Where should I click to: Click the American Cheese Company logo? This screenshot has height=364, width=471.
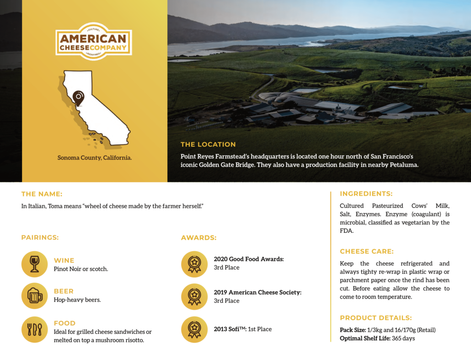point(94,42)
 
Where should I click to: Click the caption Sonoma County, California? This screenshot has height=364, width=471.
point(95,158)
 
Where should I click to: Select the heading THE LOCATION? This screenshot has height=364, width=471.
point(208,145)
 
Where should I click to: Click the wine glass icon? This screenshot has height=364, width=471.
point(35,264)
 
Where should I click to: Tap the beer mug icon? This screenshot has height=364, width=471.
point(35,296)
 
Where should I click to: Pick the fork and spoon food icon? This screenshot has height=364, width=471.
point(35,329)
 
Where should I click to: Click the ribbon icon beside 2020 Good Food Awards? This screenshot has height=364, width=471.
point(194,264)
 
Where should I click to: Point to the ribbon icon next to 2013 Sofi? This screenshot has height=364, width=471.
point(194,329)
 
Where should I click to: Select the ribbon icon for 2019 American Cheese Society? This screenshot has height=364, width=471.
point(194,297)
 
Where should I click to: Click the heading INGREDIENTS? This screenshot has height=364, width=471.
point(366,194)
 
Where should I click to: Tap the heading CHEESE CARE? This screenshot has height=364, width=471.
point(367,252)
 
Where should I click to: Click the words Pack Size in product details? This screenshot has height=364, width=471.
point(353,330)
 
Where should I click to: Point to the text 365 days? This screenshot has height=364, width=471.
point(403,338)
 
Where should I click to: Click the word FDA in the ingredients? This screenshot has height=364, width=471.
point(347,231)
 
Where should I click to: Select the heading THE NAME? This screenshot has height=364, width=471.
point(42,194)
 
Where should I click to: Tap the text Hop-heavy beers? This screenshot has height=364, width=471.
point(77,300)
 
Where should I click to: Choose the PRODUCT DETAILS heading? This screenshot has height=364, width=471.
point(376,318)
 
